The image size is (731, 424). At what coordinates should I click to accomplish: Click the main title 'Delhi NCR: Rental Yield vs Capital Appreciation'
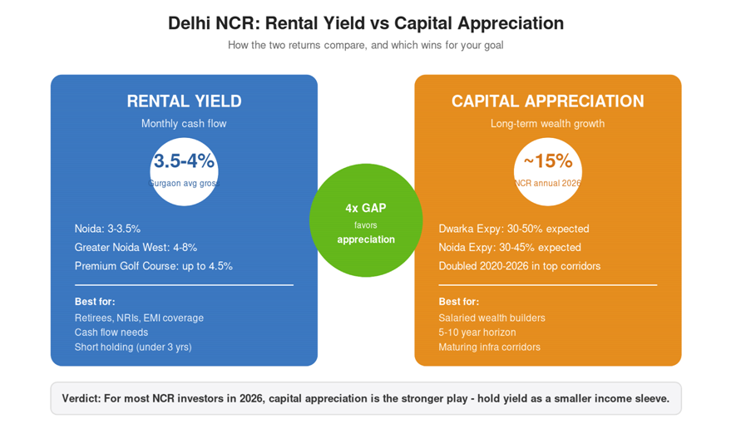point(366,23)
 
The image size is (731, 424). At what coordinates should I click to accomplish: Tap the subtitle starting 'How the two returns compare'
point(366,45)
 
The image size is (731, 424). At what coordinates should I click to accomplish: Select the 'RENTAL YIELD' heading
point(184,101)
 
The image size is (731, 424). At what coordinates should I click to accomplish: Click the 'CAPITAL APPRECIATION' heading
point(548,101)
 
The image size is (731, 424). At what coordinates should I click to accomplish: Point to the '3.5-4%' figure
point(184,160)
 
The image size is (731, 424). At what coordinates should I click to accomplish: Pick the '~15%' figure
point(548,160)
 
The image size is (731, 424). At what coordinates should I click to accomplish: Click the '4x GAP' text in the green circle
point(366,208)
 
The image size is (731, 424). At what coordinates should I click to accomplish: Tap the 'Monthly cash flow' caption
point(184,124)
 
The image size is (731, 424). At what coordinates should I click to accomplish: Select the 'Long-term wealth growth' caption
point(548,124)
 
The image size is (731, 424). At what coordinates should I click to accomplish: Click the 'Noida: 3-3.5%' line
point(107,229)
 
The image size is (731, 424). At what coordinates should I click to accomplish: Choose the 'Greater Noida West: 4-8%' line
point(136,248)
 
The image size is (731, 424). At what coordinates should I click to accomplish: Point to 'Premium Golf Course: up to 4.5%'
point(153,266)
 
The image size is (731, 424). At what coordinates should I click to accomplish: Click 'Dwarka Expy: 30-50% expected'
point(514,229)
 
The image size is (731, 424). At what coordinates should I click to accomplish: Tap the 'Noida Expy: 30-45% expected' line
point(510,248)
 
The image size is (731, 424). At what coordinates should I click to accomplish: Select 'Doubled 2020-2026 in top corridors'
point(519,266)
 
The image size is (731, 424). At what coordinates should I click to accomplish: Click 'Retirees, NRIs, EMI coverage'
point(139,318)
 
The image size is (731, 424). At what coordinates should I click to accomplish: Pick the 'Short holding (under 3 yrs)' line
point(133,348)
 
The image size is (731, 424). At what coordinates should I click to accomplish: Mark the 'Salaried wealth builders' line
point(491,318)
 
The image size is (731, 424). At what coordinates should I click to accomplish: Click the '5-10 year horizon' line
point(477,333)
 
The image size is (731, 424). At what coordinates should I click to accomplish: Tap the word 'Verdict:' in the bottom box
point(81,398)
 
